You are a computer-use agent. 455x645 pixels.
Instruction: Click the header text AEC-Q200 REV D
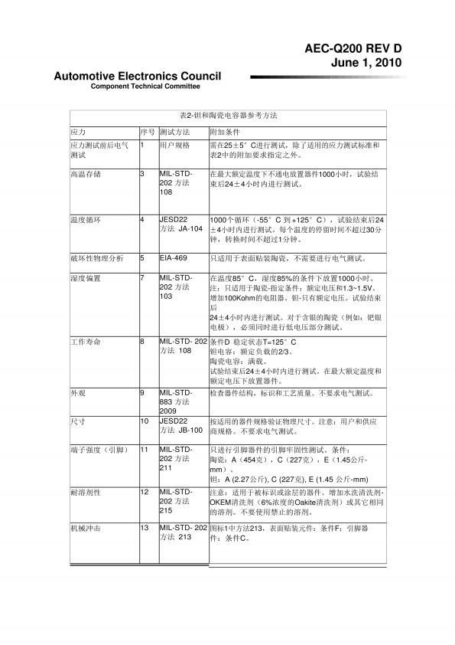click(x=353, y=48)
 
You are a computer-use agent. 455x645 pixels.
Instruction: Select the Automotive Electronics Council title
click(x=138, y=76)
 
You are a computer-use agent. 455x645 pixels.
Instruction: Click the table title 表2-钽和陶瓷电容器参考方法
click(x=227, y=116)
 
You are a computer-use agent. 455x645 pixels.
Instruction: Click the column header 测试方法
click(x=174, y=132)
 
